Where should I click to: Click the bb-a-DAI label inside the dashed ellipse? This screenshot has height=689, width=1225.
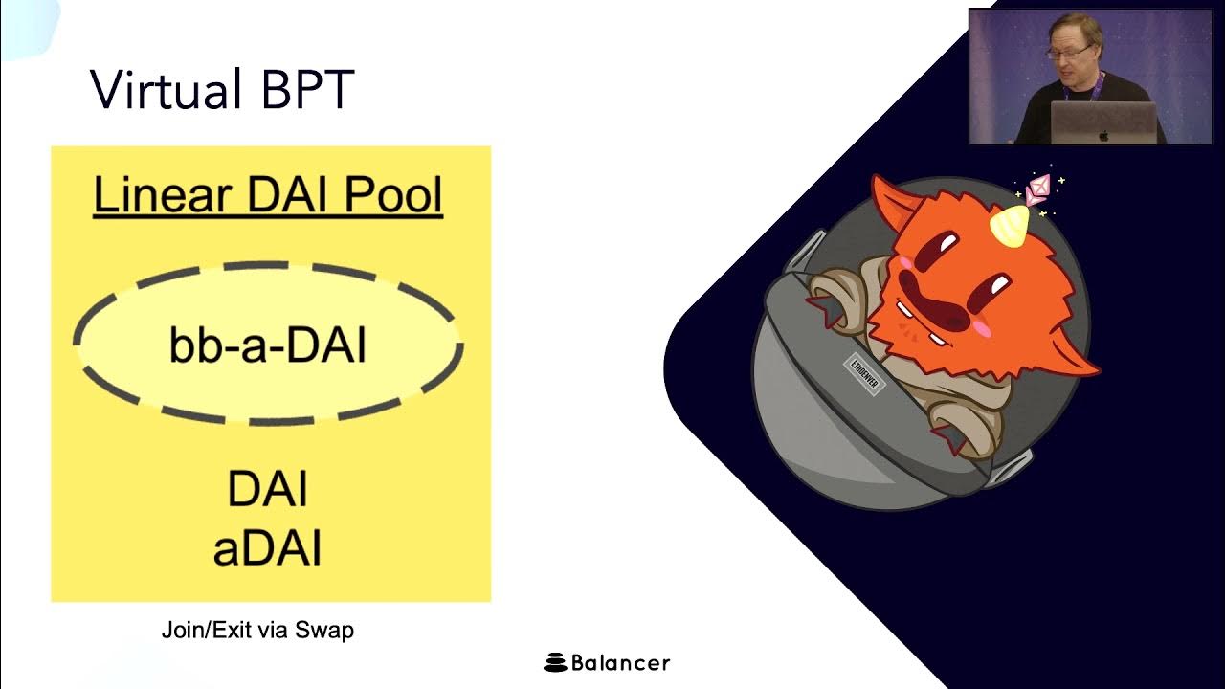[x=268, y=345]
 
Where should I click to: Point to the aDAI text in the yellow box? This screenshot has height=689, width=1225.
[x=267, y=549]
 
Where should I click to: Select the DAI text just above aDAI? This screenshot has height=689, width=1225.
[x=267, y=489]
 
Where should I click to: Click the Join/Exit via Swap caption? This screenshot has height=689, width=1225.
[x=257, y=630]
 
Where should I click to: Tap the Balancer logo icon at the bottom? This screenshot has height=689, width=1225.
[x=555, y=662]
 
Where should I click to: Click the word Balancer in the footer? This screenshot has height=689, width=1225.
[x=620, y=662]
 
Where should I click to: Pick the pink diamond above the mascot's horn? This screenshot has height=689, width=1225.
[x=1038, y=189]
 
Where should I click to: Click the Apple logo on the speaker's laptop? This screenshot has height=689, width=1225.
[x=1103, y=136]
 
